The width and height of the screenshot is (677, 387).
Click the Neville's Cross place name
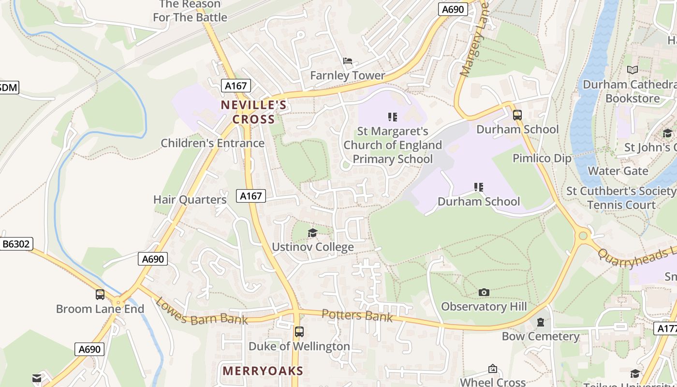click(x=253, y=112)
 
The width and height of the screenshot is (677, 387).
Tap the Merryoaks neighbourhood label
click(x=263, y=371)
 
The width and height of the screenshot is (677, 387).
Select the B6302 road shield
click(x=16, y=244)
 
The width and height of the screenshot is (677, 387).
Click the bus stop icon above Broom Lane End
click(x=100, y=294)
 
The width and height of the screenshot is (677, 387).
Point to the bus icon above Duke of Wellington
click(x=299, y=332)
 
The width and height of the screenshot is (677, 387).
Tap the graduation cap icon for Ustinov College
click(x=312, y=233)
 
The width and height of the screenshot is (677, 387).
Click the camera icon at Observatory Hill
click(x=484, y=292)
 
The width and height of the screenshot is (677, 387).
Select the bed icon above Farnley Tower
click(x=347, y=61)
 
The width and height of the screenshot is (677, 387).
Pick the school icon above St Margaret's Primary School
click(x=393, y=117)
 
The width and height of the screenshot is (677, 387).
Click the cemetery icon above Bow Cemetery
click(x=541, y=322)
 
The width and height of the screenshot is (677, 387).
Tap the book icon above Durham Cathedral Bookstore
click(x=632, y=70)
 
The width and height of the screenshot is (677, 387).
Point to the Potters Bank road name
click(x=357, y=315)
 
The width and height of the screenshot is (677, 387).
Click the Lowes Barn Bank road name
click(x=201, y=311)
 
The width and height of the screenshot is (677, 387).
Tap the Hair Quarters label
click(x=190, y=199)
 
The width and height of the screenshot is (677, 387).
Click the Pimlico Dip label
click(x=542, y=158)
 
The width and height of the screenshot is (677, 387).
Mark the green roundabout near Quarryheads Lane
click(x=583, y=236)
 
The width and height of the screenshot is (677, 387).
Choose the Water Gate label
click(x=618, y=171)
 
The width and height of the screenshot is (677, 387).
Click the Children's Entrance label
click(x=212, y=143)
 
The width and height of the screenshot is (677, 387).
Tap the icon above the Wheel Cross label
click(x=492, y=369)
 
